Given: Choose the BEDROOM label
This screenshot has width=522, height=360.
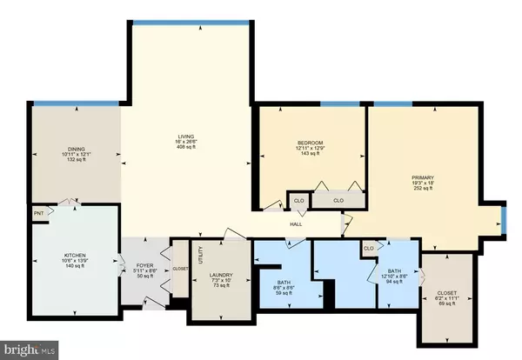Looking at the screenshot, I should pos(310,143).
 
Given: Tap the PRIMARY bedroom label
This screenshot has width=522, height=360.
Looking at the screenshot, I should pos(423,177).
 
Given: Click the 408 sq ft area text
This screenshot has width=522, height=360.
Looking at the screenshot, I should pos(186,148).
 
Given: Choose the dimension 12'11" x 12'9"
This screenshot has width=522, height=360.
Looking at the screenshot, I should pos(310,149).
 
